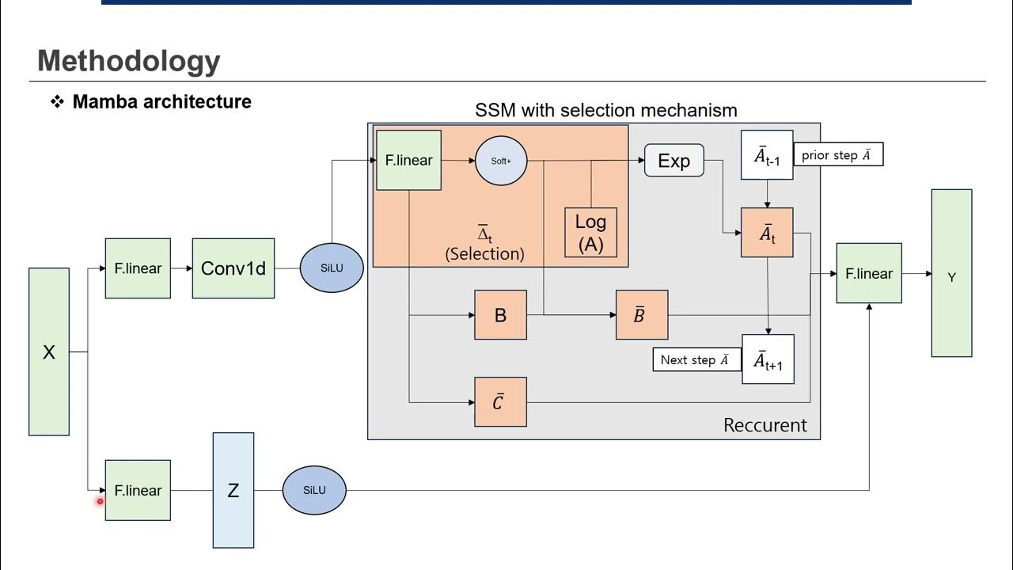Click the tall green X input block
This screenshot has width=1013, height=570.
[49, 351]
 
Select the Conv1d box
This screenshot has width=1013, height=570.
[233, 268]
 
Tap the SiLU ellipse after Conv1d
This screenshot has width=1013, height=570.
[332, 268]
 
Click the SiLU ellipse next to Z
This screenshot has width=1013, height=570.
[314, 490]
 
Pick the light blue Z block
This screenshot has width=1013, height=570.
[233, 490]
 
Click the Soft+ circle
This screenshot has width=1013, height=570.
[501, 161]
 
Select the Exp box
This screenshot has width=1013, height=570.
[674, 161]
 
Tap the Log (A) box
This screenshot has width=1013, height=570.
[590, 233]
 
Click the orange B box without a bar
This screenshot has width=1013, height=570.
[500, 315]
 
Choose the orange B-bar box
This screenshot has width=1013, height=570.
[642, 315]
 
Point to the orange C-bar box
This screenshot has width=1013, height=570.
[500, 402]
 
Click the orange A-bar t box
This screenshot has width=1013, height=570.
[767, 233]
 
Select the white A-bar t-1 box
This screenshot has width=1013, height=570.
[767, 155]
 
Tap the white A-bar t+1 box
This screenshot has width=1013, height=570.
[768, 359]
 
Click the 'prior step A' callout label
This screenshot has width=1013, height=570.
[837, 155]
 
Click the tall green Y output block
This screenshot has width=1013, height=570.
[951, 273]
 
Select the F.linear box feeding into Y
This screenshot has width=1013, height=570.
[869, 273]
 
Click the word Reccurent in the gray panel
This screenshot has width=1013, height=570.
[765, 425]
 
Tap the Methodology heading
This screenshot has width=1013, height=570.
[129, 61]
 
